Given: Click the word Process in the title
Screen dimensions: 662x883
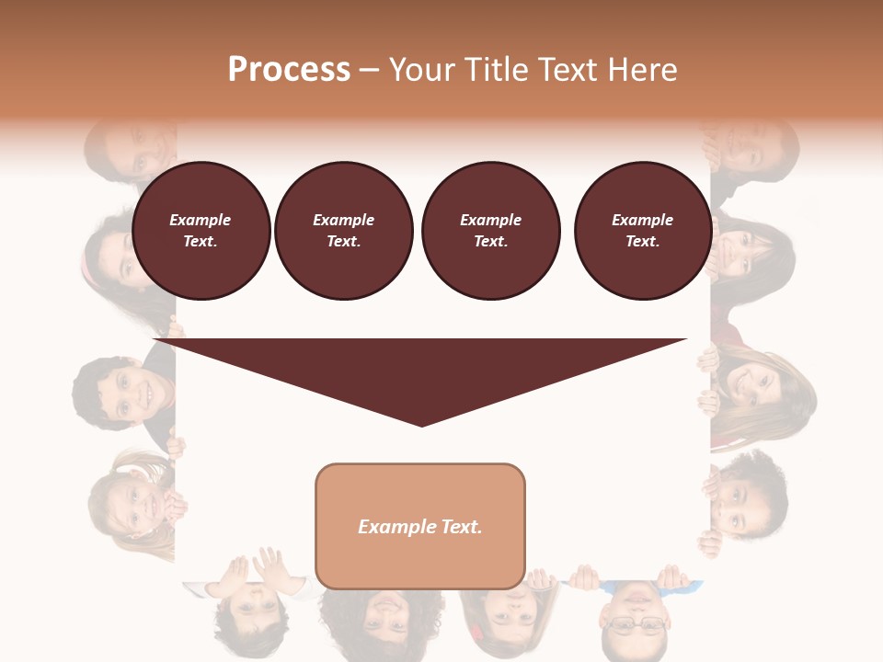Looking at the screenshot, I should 289,69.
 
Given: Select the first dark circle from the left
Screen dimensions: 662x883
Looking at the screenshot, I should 201,231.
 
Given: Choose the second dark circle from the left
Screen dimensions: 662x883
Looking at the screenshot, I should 343,231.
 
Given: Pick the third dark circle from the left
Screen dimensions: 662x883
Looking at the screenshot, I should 490,231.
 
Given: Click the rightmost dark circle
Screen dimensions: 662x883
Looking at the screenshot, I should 643,231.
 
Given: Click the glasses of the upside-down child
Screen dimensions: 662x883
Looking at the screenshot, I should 635,625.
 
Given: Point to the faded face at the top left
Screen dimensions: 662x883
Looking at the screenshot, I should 133,147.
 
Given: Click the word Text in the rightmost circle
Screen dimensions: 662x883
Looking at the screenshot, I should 642,241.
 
